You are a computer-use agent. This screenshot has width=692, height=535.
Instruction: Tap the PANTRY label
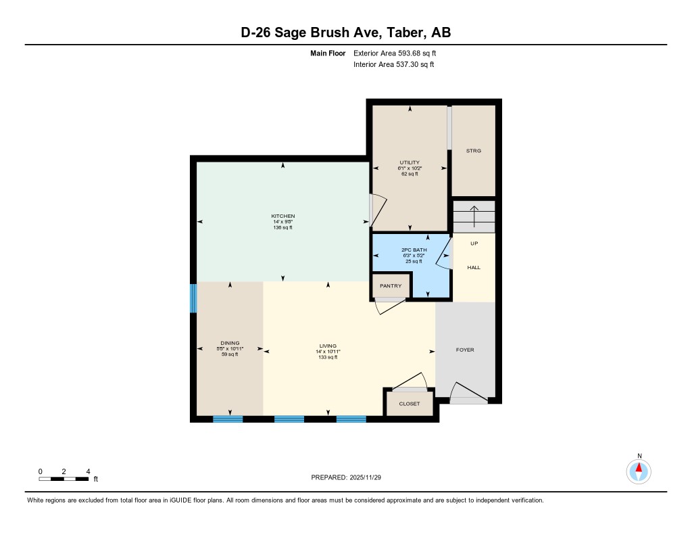pos(391,286)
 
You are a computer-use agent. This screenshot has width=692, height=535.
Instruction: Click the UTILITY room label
pos(410,162)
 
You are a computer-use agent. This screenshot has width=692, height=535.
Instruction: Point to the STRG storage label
pos(474,151)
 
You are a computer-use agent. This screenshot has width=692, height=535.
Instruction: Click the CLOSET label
pos(410,404)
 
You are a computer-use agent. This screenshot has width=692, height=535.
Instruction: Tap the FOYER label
pos(465,350)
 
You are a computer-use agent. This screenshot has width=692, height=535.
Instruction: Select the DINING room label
pos(230,343)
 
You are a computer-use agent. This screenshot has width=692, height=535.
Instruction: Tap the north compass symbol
pos(639,470)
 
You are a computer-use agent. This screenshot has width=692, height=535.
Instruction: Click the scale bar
pos(64,479)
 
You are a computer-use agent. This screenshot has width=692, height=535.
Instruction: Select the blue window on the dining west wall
pos(193,298)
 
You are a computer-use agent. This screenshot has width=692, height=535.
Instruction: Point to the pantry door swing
pos(390,306)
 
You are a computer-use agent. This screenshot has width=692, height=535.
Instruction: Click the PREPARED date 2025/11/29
pos(351,478)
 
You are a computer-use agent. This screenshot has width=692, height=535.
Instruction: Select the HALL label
pos(474,268)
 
